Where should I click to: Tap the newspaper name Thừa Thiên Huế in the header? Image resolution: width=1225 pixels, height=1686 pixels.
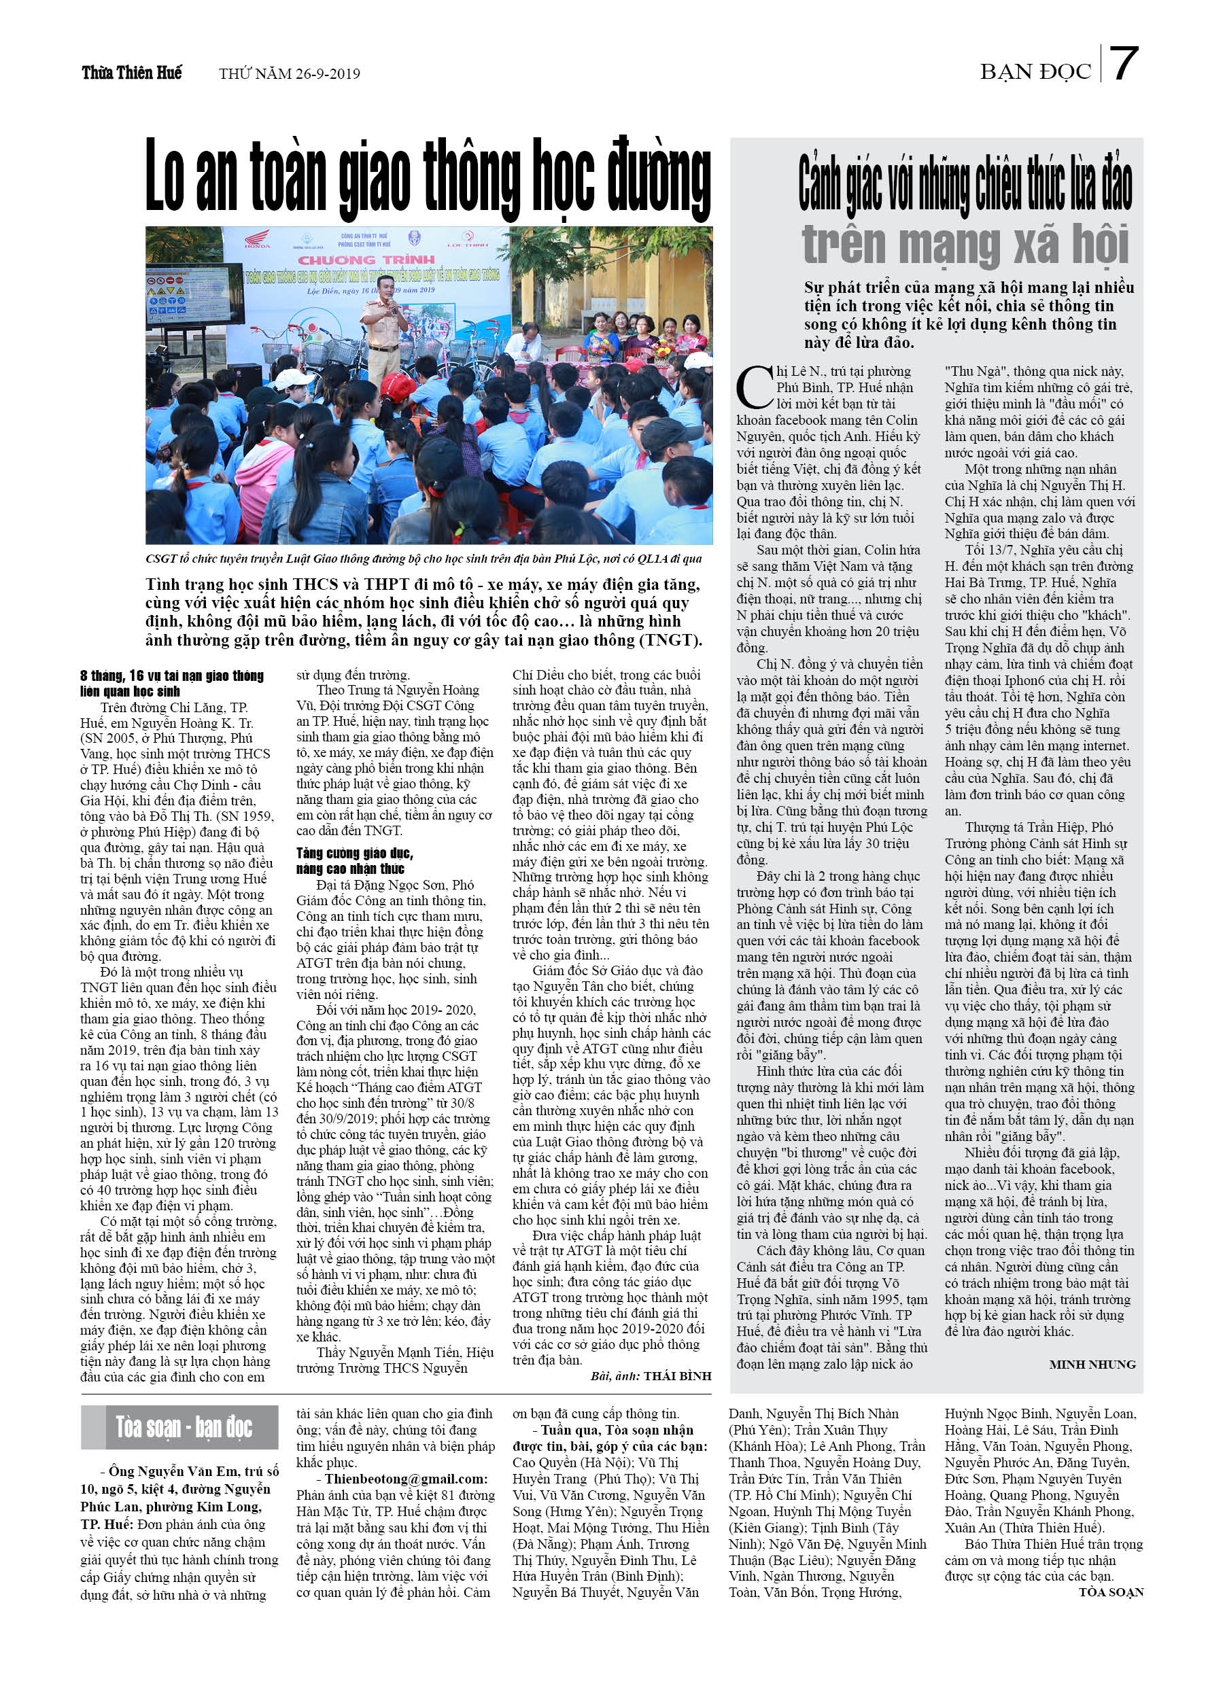click(x=132, y=73)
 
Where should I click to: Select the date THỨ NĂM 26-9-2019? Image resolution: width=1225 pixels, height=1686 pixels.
click(x=290, y=73)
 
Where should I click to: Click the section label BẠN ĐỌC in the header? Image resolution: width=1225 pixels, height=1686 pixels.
click(x=1035, y=72)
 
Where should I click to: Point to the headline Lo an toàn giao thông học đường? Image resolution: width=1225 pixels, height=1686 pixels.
click(x=428, y=179)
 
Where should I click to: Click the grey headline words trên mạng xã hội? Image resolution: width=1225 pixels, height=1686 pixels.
click(x=965, y=245)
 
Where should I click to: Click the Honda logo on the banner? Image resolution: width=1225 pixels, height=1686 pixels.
click(x=258, y=242)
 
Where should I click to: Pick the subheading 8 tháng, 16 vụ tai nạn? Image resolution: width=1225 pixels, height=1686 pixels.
click(x=172, y=683)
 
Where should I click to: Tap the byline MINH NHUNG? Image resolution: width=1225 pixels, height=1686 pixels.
click(x=1092, y=1364)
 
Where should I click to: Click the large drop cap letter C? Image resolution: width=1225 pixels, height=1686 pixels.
click(x=754, y=387)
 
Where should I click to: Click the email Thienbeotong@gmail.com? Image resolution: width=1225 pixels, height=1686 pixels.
click(x=405, y=1479)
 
